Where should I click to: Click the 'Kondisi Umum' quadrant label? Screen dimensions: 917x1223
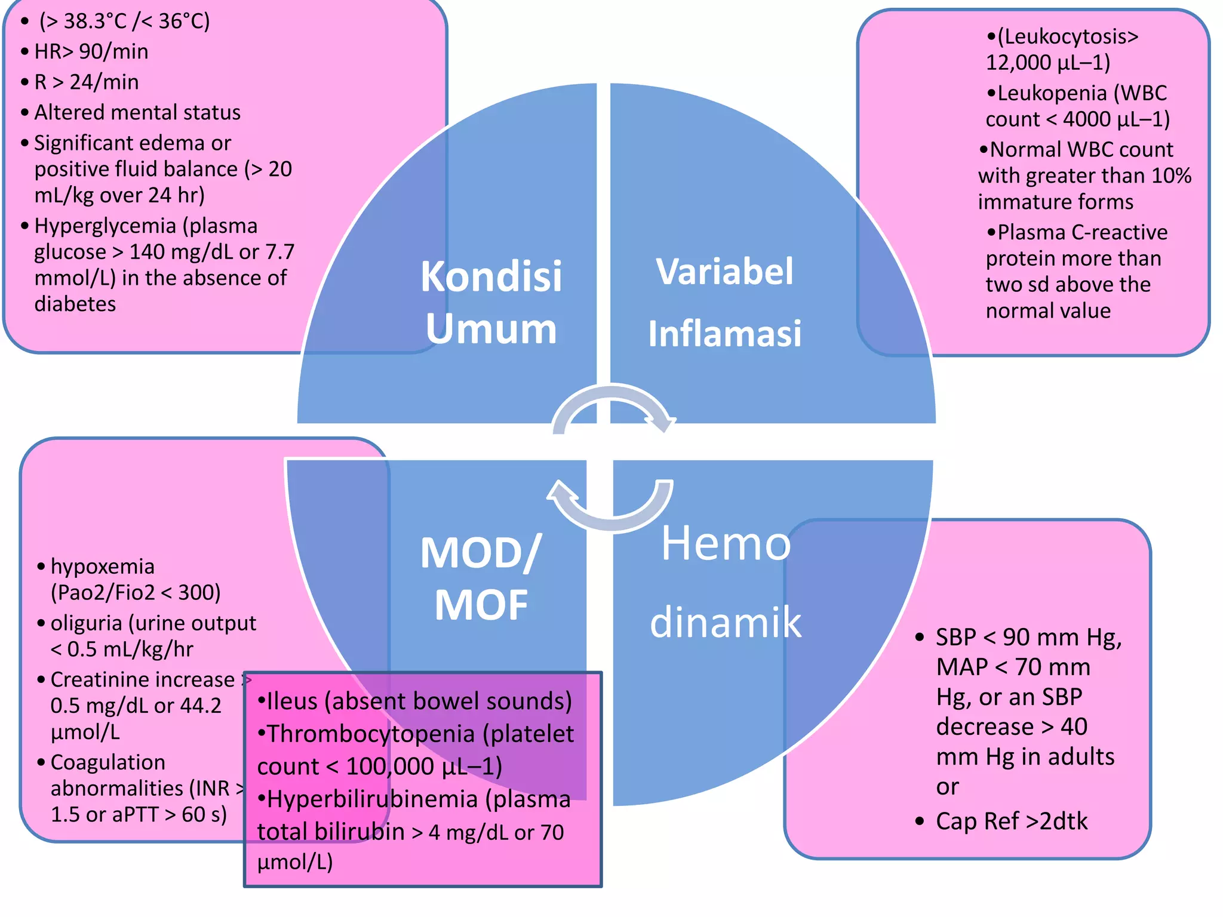(491, 302)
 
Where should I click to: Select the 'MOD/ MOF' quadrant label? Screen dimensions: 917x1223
(481, 578)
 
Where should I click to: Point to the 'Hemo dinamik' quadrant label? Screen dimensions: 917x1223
(726, 582)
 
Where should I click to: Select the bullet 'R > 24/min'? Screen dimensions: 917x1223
(86, 82)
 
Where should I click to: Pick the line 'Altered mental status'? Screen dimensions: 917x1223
(137, 112)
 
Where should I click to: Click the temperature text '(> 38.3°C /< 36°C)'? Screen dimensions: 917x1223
(124, 21)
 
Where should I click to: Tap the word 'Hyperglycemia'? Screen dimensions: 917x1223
(105, 226)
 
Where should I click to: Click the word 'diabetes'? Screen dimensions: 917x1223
(75, 304)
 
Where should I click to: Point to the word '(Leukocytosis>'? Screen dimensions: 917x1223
(1068, 36)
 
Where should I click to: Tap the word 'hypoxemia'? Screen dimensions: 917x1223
(102, 566)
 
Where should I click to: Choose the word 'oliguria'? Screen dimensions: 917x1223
(86, 623)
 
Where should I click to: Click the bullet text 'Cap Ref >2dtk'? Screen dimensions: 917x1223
(1011, 821)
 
